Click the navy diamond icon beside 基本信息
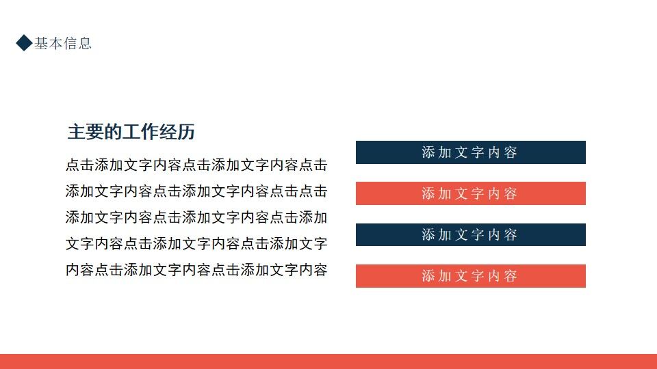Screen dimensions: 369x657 point(24,43)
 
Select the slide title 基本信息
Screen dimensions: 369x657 point(63,44)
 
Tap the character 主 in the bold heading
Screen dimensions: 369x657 point(76,132)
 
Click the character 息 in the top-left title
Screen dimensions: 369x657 point(85,44)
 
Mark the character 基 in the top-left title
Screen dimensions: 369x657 point(41,44)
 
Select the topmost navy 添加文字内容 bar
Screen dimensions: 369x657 point(470,152)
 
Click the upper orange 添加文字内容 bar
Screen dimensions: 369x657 point(470,193)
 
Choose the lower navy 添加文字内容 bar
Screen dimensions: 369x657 point(470,234)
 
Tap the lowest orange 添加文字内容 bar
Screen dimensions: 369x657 point(470,275)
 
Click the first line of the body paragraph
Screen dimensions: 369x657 point(196,165)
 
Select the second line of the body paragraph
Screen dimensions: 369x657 point(196,191)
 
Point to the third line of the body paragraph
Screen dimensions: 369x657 point(196,217)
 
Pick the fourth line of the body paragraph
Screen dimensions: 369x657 point(196,243)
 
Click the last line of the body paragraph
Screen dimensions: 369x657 point(196,269)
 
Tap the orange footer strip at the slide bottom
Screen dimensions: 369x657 point(328,361)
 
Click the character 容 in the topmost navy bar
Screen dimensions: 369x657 point(511,152)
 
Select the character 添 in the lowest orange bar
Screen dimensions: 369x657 point(428,276)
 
